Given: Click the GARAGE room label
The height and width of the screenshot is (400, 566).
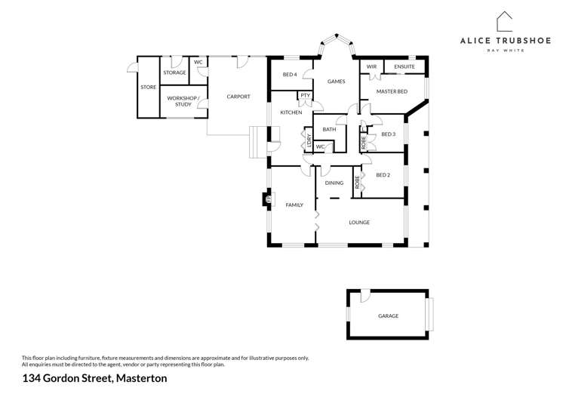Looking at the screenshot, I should tap(388, 316).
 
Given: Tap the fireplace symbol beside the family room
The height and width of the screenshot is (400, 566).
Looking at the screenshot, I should tap(267, 199).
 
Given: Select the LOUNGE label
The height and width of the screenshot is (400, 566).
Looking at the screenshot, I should tap(359, 223).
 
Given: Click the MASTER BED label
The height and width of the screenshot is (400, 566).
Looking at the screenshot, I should tap(392, 91).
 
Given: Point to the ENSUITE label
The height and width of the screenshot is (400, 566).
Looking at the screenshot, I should tap(405, 67).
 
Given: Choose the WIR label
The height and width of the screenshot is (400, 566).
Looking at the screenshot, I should tap(371, 67).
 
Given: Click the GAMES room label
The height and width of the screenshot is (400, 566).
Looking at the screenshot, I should tap(336, 82).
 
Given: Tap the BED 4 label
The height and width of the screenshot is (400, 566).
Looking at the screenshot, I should tap(290, 75).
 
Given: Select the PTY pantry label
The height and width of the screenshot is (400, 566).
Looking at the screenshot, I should tap(305, 96).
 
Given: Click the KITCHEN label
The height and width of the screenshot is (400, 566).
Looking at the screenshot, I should tap(291, 112).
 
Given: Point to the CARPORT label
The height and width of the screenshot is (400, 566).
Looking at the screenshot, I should tap(238, 97).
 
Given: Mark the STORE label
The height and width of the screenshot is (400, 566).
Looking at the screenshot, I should tap(148, 88).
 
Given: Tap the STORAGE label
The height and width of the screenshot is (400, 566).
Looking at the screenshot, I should tap(174, 72).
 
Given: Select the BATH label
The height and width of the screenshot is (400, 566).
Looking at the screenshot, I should tap(329, 130).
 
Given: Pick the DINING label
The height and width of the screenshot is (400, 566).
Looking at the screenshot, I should tap(334, 183).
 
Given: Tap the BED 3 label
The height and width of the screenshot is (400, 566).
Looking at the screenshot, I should tap(388, 134).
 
